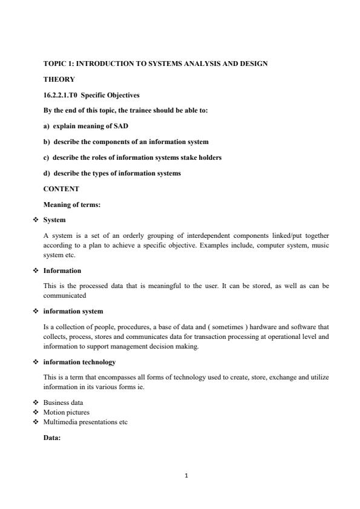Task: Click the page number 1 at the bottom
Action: (186, 475)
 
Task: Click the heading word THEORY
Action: (59, 79)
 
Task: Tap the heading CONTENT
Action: (61, 189)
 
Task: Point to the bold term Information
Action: (62, 271)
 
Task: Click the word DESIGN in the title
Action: (252, 63)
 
